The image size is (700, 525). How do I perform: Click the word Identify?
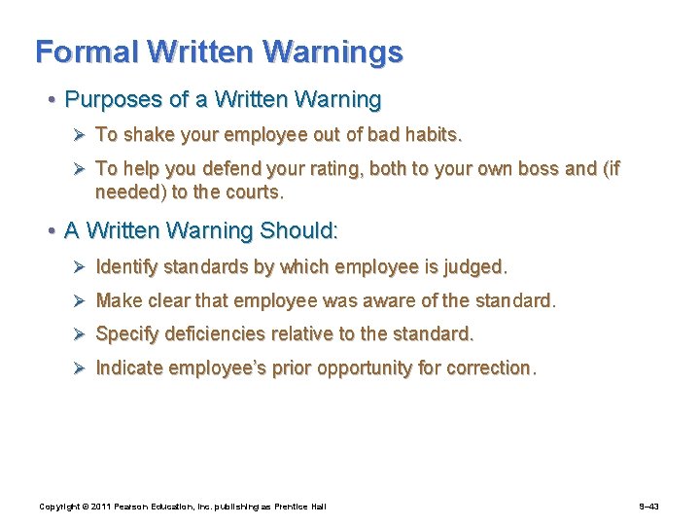[x=127, y=266]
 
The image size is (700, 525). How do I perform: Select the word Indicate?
[x=129, y=368]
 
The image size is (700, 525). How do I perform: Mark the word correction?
[x=488, y=368]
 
